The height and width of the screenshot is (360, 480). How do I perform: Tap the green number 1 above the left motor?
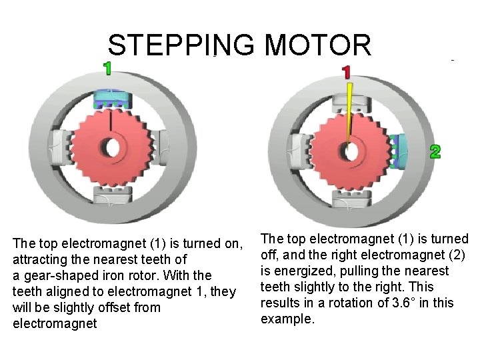coord(107,68)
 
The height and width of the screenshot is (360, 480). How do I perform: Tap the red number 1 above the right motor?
coord(346,71)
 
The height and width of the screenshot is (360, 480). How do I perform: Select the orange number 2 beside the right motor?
coord(434,152)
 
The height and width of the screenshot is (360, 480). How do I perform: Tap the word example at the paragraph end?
coord(285,319)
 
